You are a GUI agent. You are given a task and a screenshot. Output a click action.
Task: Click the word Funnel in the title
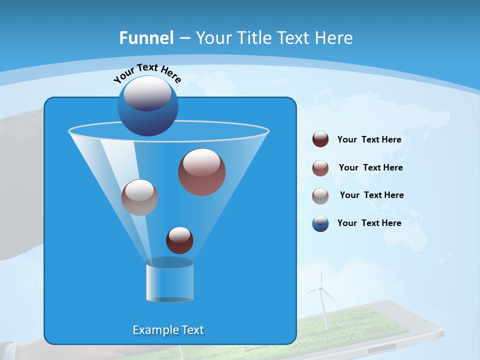(146, 38)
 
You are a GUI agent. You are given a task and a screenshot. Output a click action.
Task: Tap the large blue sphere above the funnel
(147, 105)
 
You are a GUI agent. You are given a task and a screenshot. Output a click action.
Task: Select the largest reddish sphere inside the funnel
(201, 172)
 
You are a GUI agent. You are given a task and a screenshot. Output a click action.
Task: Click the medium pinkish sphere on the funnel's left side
(139, 197)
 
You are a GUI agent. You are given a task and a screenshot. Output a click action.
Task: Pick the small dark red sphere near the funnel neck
(179, 240)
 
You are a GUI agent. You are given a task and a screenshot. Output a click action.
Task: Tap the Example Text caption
(168, 330)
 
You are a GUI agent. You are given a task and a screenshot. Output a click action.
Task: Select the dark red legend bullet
(320, 139)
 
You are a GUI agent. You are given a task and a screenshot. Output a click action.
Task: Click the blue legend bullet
(320, 223)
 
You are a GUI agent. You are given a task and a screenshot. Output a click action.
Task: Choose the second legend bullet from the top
(320, 168)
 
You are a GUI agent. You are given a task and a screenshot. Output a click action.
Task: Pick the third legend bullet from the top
(320, 196)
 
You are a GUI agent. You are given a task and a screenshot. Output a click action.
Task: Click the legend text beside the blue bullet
(369, 223)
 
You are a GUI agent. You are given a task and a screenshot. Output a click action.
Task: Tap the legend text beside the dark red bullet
(369, 139)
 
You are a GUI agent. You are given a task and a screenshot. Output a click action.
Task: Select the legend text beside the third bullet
(371, 195)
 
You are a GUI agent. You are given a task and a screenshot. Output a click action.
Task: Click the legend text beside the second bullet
(370, 167)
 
